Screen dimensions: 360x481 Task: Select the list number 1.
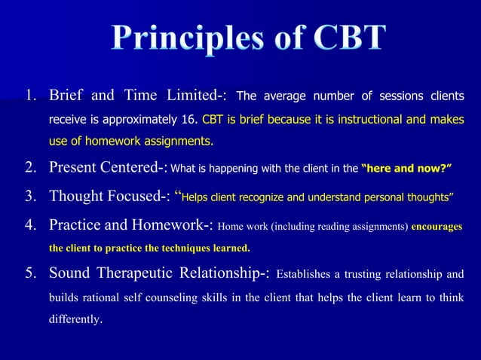coord(30,97)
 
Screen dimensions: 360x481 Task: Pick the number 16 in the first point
coord(192,120)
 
